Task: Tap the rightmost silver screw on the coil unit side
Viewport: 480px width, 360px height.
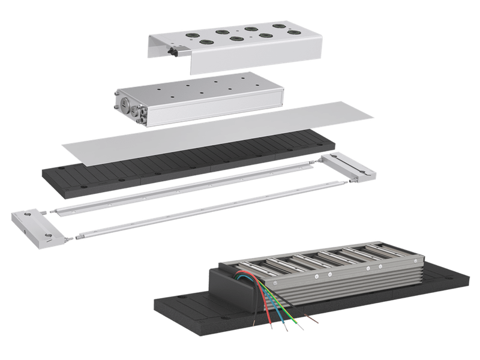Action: click(380, 264)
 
